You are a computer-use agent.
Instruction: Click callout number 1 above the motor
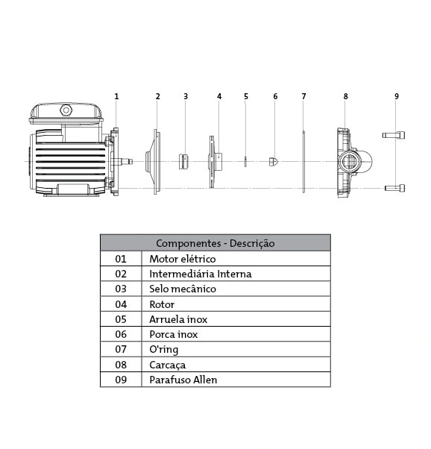pos(116,96)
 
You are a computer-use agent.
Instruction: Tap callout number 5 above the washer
pos(246,96)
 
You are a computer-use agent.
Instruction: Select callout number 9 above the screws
pos(397,96)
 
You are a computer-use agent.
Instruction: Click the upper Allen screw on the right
pos(394,135)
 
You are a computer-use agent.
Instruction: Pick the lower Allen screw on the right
pos(394,188)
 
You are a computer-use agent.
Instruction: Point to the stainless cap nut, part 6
pos(274,162)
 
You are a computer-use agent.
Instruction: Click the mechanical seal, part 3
pos(183,162)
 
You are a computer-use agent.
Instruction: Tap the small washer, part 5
pos(245,162)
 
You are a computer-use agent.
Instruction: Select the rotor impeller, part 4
pos(215,162)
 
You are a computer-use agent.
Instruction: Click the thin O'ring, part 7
pos(303,162)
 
